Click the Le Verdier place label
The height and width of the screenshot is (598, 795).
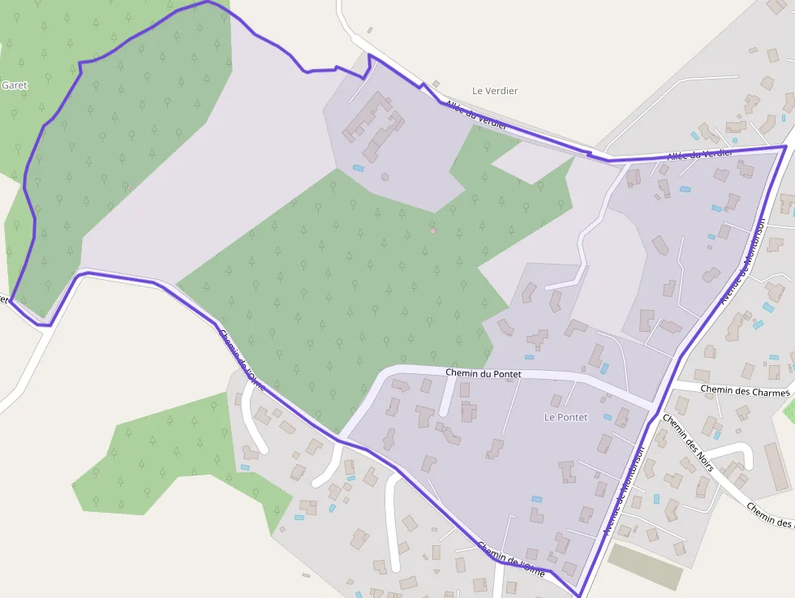[x=495, y=91]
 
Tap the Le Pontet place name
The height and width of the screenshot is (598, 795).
[x=565, y=417]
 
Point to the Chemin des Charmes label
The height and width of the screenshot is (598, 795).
[x=745, y=391]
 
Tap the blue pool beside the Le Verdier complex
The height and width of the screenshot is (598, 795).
[x=358, y=169]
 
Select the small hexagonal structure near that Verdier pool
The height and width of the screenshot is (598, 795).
[x=385, y=176]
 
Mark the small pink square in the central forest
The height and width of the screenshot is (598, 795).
[x=433, y=230]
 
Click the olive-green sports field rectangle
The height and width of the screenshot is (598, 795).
[x=646, y=566]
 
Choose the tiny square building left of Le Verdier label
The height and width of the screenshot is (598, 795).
[x=436, y=84]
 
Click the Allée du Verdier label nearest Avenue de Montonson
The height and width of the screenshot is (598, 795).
[x=699, y=154]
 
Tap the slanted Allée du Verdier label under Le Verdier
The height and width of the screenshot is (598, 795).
[x=476, y=114]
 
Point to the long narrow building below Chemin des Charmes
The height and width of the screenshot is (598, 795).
[x=776, y=467]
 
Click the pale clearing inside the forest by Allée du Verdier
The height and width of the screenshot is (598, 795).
[x=531, y=162]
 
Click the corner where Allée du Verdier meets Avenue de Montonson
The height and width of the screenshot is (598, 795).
[x=784, y=148]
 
